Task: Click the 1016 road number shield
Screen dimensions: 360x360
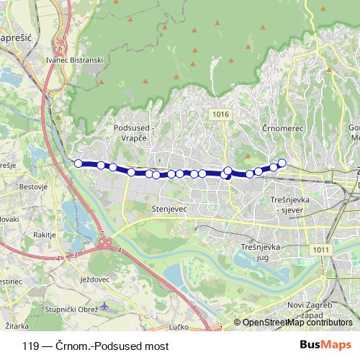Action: click(x=221, y=114)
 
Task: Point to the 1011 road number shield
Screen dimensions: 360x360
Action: click(x=321, y=250)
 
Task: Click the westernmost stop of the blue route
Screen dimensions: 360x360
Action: click(x=78, y=163)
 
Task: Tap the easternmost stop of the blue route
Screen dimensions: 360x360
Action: click(x=282, y=163)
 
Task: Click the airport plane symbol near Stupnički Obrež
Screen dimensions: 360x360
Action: click(x=107, y=305)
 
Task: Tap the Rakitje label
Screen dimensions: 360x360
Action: click(x=44, y=234)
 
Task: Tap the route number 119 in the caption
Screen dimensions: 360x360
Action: click(x=30, y=346)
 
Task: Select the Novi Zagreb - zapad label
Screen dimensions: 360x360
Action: click(x=307, y=310)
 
